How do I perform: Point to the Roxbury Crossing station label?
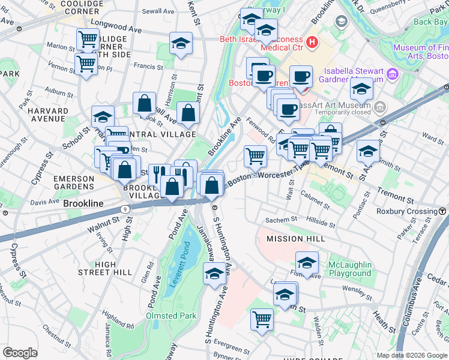(406, 211)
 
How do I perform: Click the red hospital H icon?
(312, 41)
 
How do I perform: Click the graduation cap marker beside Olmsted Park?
(214, 274)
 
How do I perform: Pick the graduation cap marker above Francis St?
(180, 44)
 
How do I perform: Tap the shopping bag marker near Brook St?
(144, 103)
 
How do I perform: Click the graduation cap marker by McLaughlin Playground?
(307, 263)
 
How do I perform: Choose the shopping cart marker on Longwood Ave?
(88, 40)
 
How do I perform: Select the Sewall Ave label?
(157, 11)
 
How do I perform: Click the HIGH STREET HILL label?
(105, 268)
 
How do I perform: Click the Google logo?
(20, 353)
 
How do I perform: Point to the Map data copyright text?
(411, 355)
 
